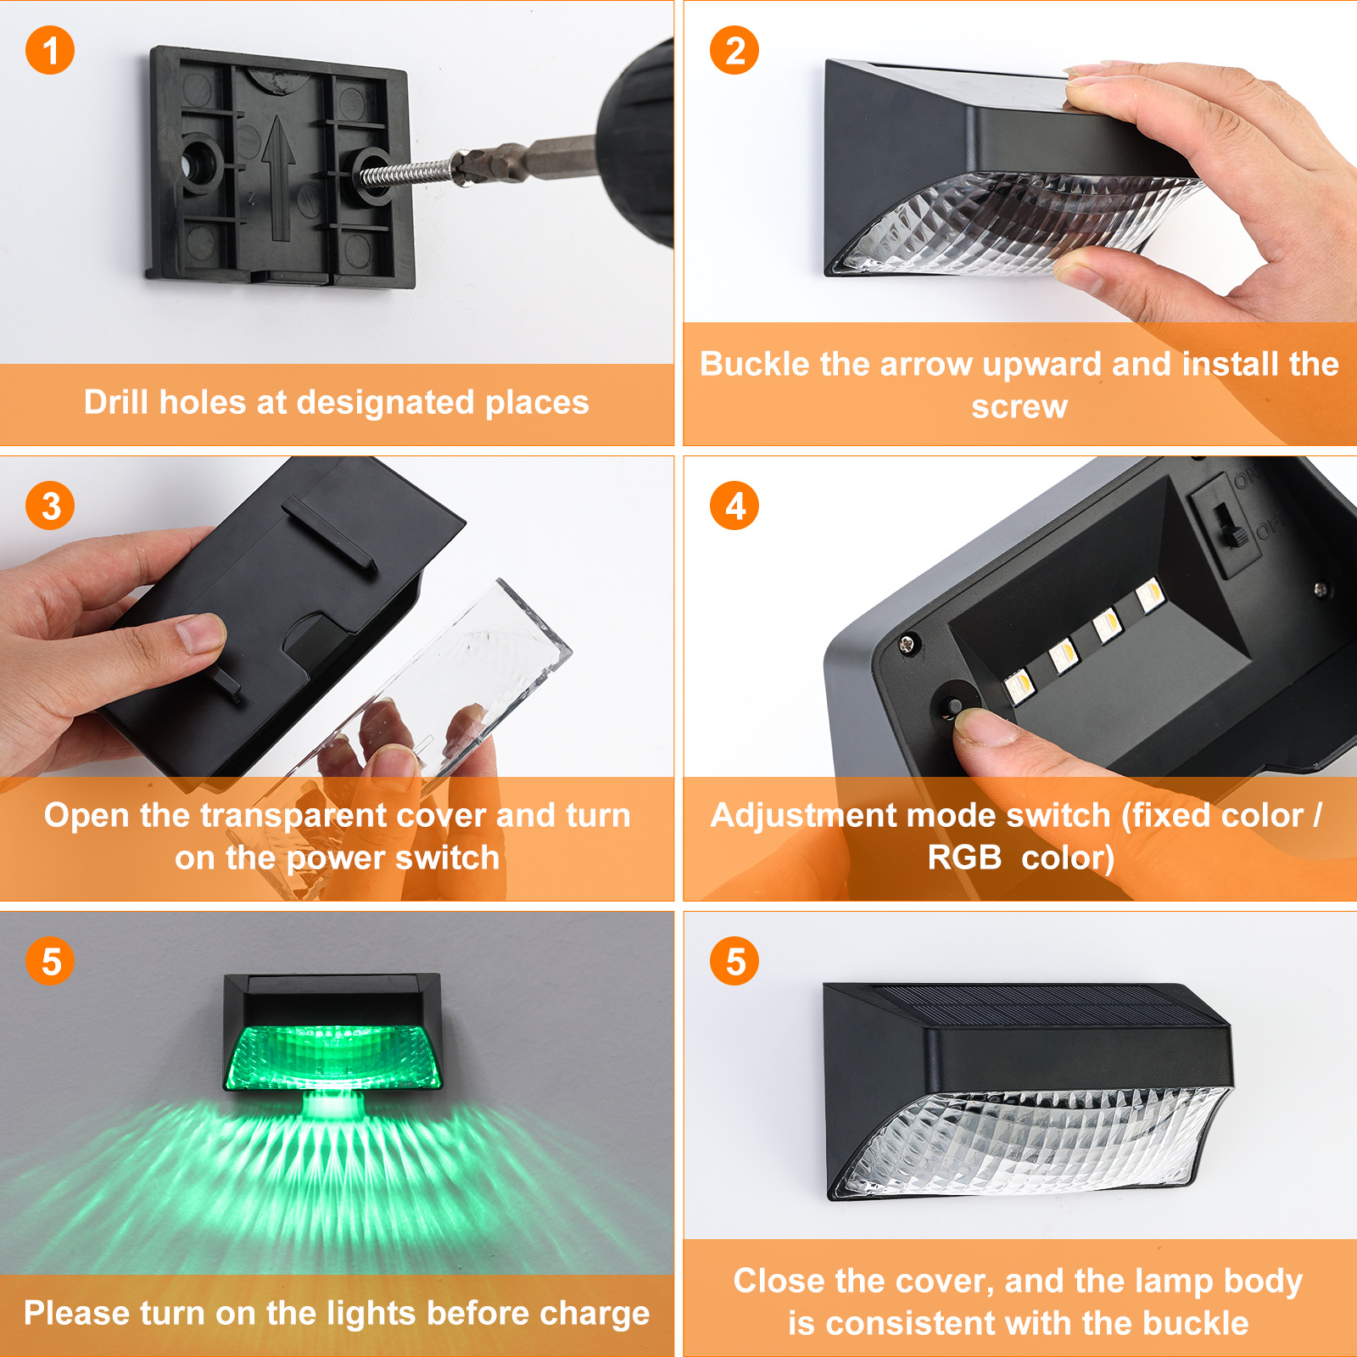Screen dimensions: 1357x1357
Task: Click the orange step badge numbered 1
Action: pyautogui.click(x=50, y=50)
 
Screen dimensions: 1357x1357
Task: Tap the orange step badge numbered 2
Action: pyautogui.click(x=734, y=50)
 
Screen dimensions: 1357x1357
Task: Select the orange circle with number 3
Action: pyautogui.click(x=50, y=505)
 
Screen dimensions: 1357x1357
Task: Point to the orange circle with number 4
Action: pyautogui.click(x=734, y=505)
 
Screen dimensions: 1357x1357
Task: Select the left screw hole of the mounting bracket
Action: pyautogui.click(x=200, y=161)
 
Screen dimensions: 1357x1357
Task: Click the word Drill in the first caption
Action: pyautogui.click(x=116, y=402)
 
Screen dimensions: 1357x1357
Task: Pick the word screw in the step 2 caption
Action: pyautogui.click(x=1019, y=407)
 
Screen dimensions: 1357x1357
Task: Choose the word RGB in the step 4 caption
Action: pyautogui.click(x=965, y=857)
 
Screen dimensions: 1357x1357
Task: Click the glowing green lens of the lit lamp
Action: pyautogui.click(x=332, y=1057)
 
